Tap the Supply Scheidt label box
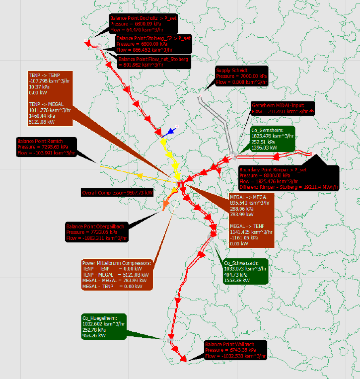pyautogui.click(x=241, y=76)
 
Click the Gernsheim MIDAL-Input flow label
pyautogui.click(x=284, y=109)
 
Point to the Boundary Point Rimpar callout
pyautogui.click(x=288, y=178)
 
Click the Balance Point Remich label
pyautogui.click(x=46, y=147)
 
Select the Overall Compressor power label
pyautogui.click(x=118, y=192)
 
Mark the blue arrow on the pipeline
pyautogui.click(x=170, y=132)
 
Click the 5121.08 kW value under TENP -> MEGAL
pyautogui.click(x=42, y=121)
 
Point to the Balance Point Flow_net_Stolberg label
pyautogui.click(x=153, y=62)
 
